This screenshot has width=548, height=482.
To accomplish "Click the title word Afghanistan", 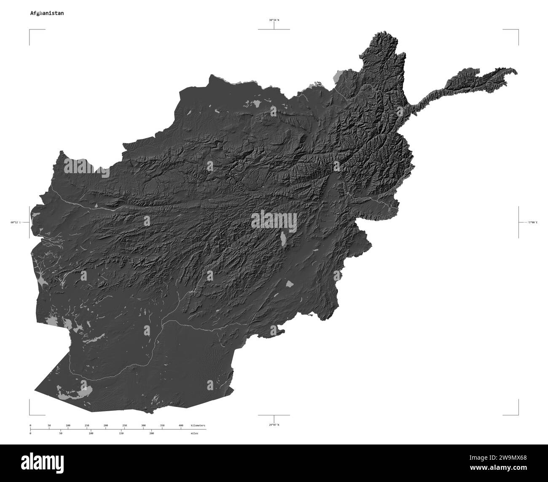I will point(47,13).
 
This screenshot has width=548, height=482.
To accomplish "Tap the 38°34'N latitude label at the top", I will point(274,20).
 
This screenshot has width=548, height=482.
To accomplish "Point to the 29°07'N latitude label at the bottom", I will point(274,425).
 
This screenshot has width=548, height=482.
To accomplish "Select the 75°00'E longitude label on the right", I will point(532,222).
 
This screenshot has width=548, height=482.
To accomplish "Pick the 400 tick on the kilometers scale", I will point(181,426).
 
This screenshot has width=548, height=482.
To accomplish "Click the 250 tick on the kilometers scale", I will point(124,426).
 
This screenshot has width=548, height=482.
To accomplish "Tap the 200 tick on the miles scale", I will point(151,433).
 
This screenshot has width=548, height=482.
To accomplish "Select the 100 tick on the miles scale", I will point(91,433).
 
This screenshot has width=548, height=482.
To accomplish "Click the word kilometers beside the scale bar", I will point(198,426).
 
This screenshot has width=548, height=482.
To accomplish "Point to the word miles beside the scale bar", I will point(194,433).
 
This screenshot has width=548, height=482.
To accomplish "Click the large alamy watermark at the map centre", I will point(274,221).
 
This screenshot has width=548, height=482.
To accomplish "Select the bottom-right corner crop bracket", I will point(518,414).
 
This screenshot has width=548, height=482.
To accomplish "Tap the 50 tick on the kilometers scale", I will point(49,426).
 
